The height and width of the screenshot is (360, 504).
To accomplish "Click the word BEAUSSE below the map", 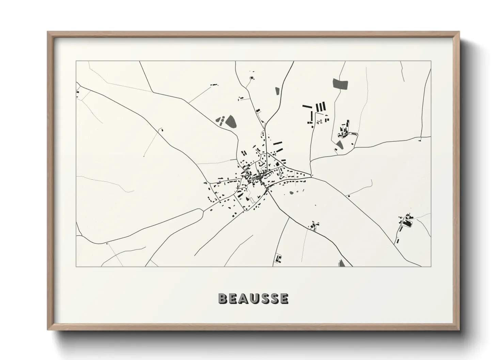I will pyautogui.click(x=253, y=298).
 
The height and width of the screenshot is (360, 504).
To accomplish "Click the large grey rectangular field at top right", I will pyautogui.click(x=341, y=84).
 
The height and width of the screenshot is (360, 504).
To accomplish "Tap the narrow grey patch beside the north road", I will pyautogui.click(x=277, y=91).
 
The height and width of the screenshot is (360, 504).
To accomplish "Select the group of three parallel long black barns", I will pyautogui.click(x=320, y=107).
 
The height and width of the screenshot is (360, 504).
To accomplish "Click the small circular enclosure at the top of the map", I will pyautogui.click(x=252, y=79).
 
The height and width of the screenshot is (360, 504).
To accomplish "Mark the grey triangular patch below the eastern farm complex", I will pyautogui.click(x=339, y=145).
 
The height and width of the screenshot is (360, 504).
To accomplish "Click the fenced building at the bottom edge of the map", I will pyautogui.click(x=279, y=259).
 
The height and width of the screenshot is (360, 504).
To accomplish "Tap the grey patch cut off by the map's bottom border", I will pyautogui.click(x=341, y=263).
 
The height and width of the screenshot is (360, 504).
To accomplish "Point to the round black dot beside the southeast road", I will pyautogui.click(x=348, y=196).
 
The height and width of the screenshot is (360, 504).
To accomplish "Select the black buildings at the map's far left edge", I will pyautogui.click(x=78, y=92).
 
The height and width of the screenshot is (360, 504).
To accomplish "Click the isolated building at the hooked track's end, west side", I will pyautogui.click(x=162, y=130).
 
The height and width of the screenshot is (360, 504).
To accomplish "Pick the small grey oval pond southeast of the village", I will pyautogui.click(x=292, y=193).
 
